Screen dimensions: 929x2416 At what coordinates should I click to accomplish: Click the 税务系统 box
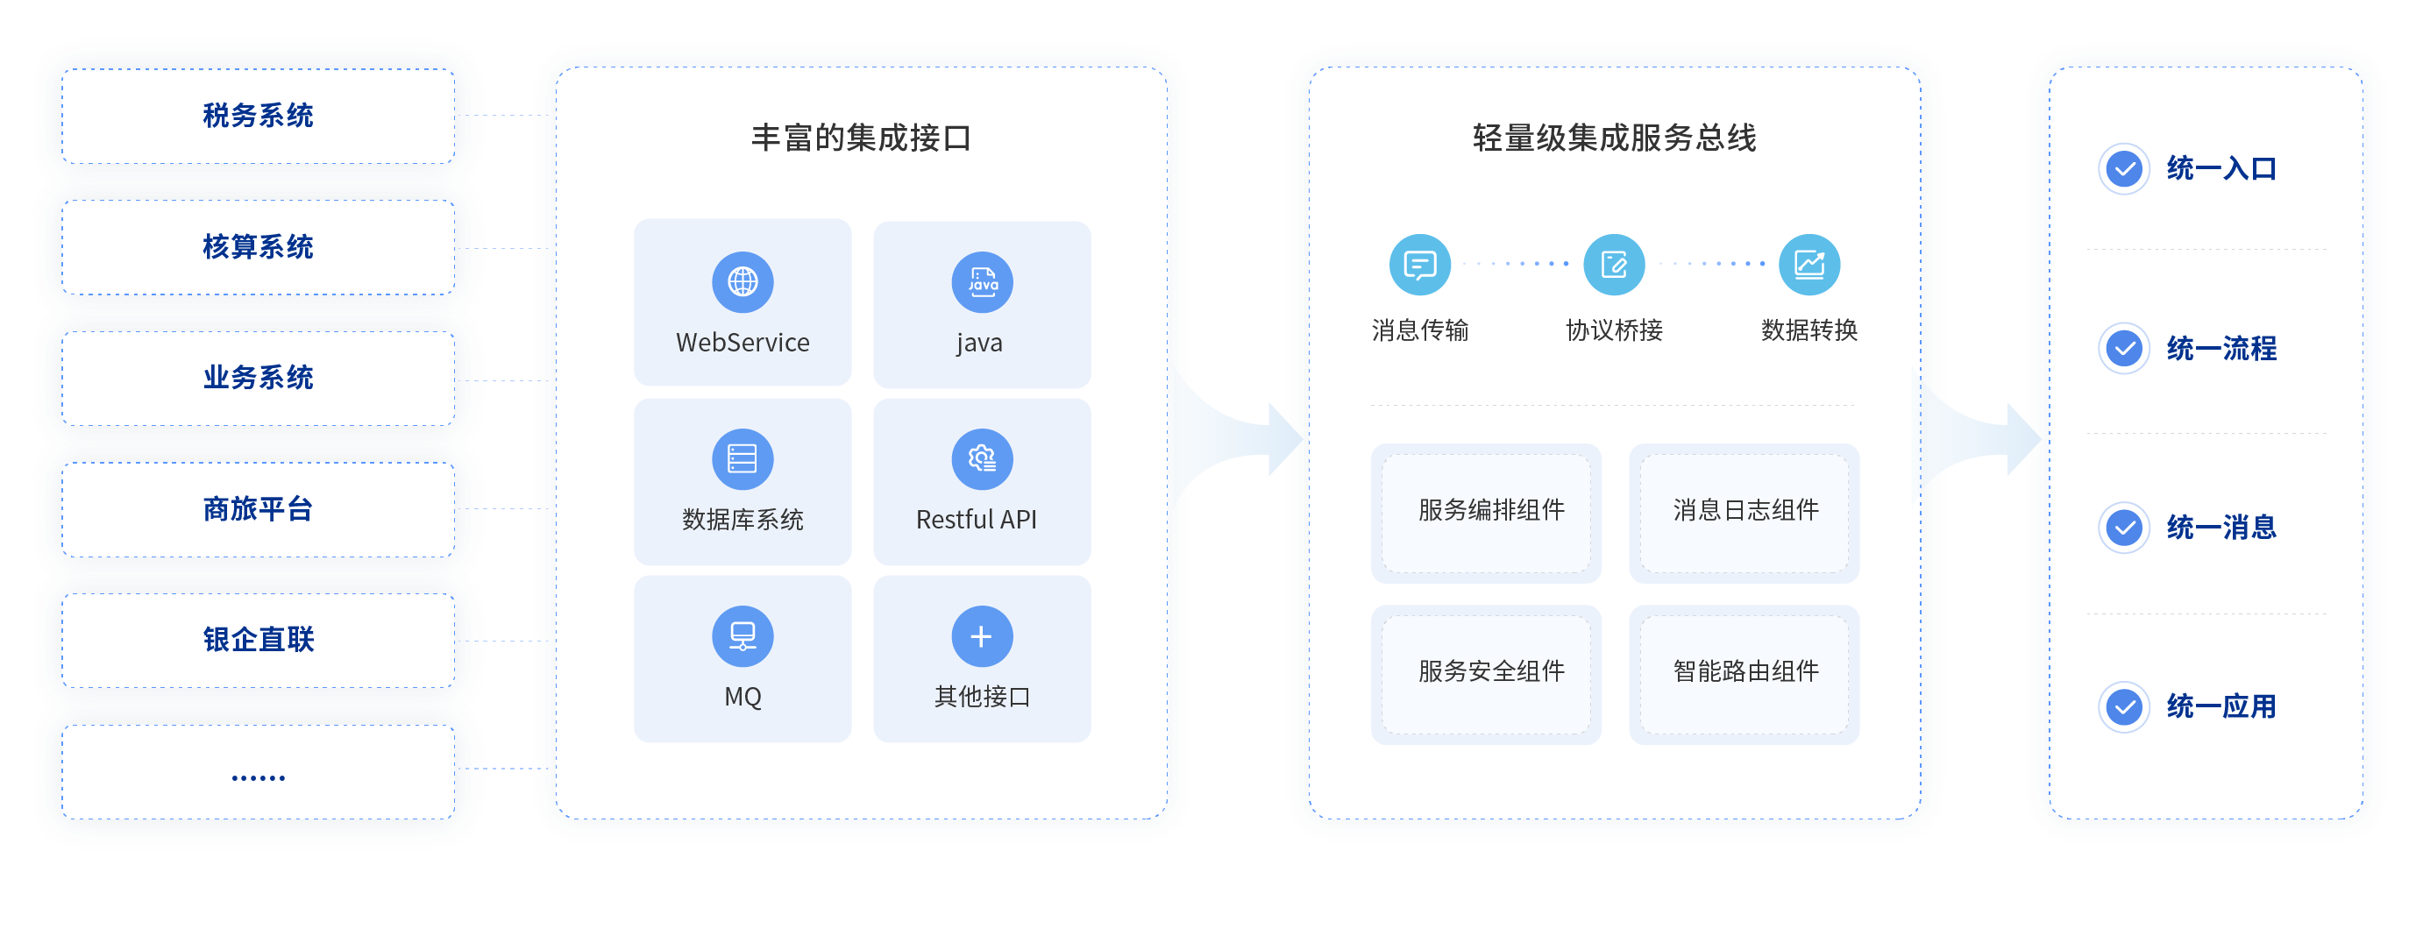point(258,117)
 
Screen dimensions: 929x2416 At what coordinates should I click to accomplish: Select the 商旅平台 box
point(258,509)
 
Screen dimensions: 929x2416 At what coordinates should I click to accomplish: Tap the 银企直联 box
point(258,639)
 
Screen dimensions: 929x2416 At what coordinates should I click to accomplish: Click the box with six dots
point(258,771)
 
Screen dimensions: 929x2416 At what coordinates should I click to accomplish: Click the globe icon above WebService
point(742,281)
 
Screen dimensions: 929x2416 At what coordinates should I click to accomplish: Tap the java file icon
point(982,281)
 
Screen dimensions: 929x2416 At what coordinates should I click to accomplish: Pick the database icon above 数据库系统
point(742,458)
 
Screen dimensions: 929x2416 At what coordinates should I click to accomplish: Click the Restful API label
point(977,520)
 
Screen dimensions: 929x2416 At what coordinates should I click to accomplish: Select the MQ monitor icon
point(742,635)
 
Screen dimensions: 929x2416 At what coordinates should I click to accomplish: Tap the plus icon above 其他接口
point(982,636)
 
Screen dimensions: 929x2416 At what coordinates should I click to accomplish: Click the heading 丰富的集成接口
point(861,138)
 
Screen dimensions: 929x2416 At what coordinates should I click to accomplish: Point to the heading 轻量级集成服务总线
point(1614,138)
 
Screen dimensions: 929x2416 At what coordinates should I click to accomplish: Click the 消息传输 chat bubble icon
point(1419,265)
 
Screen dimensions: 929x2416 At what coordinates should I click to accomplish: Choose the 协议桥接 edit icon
point(1614,265)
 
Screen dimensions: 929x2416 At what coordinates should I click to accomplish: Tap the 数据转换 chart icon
point(1809,265)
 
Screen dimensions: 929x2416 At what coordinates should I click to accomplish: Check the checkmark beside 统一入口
point(2123,170)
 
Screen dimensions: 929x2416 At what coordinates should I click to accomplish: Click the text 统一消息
point(2221,528)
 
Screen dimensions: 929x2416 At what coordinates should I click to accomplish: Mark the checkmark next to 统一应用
point(2123,706)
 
